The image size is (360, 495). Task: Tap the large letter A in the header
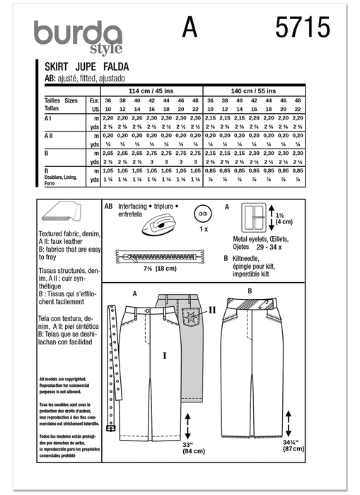[190, 28]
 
